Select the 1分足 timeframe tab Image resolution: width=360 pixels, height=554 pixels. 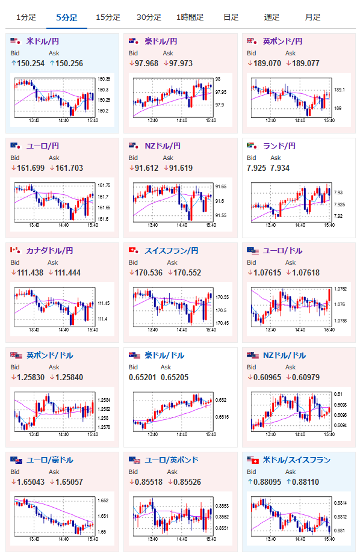(26, 17)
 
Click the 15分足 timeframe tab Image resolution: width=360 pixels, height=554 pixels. (108, 17)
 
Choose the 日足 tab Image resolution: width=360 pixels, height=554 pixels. (231, 17)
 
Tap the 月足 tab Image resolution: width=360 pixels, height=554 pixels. (312, 17)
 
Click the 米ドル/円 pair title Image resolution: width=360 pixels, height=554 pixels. (42, 42)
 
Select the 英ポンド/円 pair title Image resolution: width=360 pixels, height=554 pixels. (282, 42)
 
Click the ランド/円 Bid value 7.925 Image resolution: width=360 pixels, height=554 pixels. (256, 168)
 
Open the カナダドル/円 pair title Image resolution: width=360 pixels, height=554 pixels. (49, 251)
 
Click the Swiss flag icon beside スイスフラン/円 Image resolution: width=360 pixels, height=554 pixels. (133, 250)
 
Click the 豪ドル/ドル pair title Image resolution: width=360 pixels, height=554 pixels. (164, 355)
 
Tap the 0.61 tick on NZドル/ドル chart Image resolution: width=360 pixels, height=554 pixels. (338, 395)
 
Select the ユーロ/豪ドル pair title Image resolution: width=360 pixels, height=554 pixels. (49, 460)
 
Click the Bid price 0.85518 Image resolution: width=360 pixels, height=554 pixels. (149, 482)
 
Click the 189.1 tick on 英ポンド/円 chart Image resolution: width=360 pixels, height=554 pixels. (339, 90)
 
